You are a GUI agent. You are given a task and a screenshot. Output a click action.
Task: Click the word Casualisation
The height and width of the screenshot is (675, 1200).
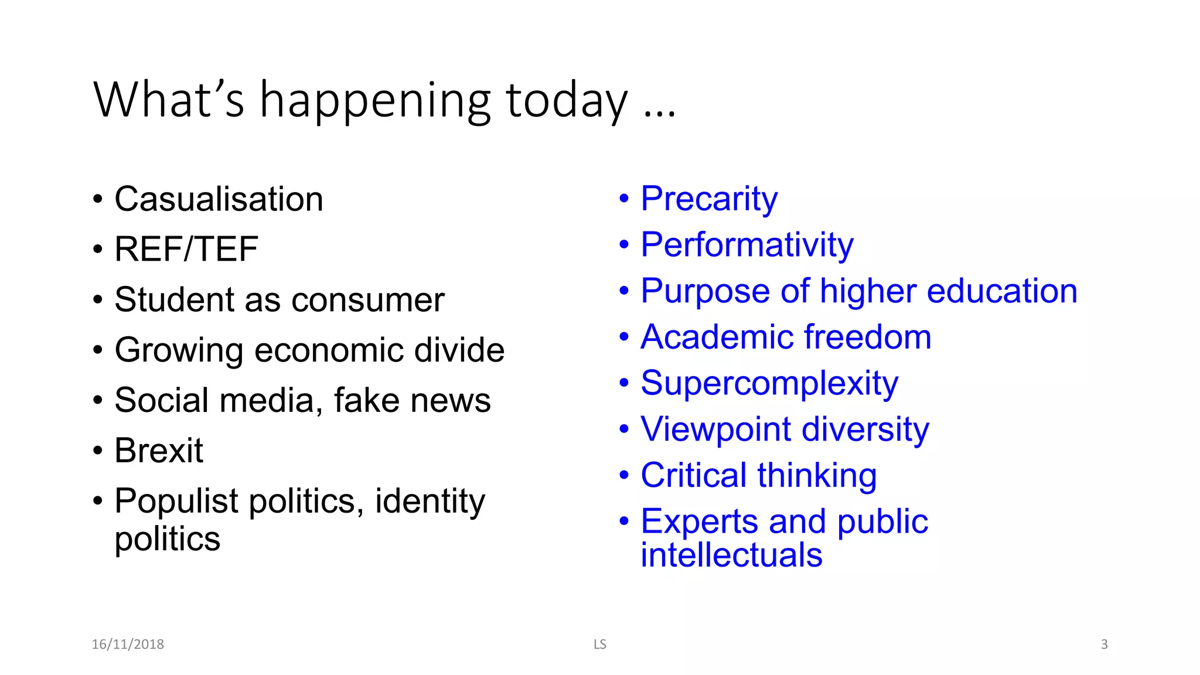coord(219,199)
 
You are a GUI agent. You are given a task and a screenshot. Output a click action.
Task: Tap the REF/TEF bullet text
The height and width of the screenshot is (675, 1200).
coord(186,249)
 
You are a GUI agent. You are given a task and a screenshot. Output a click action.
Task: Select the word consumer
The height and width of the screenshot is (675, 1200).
coord(368,300)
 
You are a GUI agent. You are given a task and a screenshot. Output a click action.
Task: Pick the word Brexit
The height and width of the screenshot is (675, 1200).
coord(159,451)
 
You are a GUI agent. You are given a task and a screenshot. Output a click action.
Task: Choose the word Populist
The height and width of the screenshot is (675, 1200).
coord(176,502)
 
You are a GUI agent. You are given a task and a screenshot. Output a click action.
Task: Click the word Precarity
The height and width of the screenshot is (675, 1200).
coord(709,199)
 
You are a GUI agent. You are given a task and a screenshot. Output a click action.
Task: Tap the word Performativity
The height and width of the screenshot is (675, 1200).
coord(747,245)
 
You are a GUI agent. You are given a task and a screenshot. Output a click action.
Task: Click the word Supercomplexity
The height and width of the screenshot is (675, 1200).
coord(769,384)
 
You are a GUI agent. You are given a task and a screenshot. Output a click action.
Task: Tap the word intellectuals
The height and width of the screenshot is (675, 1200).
coord(731,555)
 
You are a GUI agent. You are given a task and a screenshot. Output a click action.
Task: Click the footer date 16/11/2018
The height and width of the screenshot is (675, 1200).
coord(128,645)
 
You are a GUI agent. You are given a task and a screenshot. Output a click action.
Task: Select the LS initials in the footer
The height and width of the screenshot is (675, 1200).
coord(599,645)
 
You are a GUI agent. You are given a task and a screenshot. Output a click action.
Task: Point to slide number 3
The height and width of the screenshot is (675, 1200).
coord(1104,645)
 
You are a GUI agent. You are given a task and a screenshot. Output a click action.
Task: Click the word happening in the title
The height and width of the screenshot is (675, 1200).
coord(375,101)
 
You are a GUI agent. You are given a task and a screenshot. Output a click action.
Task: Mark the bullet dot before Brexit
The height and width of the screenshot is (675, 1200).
coord(98,451)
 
